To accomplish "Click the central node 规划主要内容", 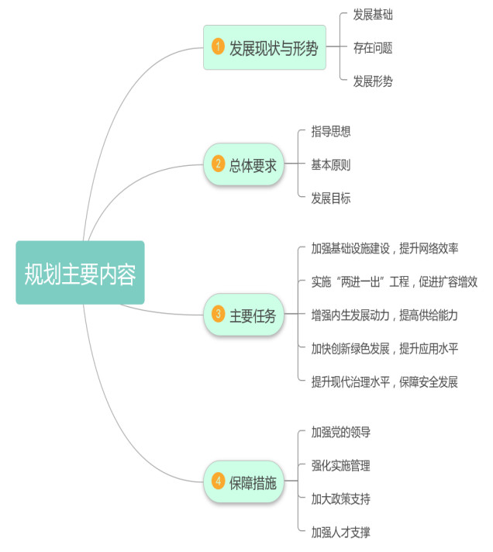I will [80, 272].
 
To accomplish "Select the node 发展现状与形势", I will [264, 47].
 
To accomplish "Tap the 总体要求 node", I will [243, 164].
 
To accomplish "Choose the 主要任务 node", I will [243, 315].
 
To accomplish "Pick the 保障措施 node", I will [243, 481].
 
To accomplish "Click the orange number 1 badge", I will [218, 47].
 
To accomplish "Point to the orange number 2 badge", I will [218, 164].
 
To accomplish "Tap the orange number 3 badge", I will [218, 315].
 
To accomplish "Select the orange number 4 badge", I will [218, 481].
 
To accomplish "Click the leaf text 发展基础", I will [373, 14].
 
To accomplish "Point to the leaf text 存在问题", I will [373, 47].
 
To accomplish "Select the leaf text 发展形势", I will [373, 81].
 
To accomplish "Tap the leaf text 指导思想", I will [331, 131].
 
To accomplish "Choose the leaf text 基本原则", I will [331, 164].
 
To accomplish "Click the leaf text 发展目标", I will [331, 198].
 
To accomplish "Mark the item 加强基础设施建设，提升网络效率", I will [384, 248].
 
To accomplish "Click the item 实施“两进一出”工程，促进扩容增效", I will [394, 281].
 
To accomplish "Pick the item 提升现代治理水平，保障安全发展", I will [384, 381].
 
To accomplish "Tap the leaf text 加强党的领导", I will [336, 432].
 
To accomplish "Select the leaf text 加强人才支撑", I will [336, 532].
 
